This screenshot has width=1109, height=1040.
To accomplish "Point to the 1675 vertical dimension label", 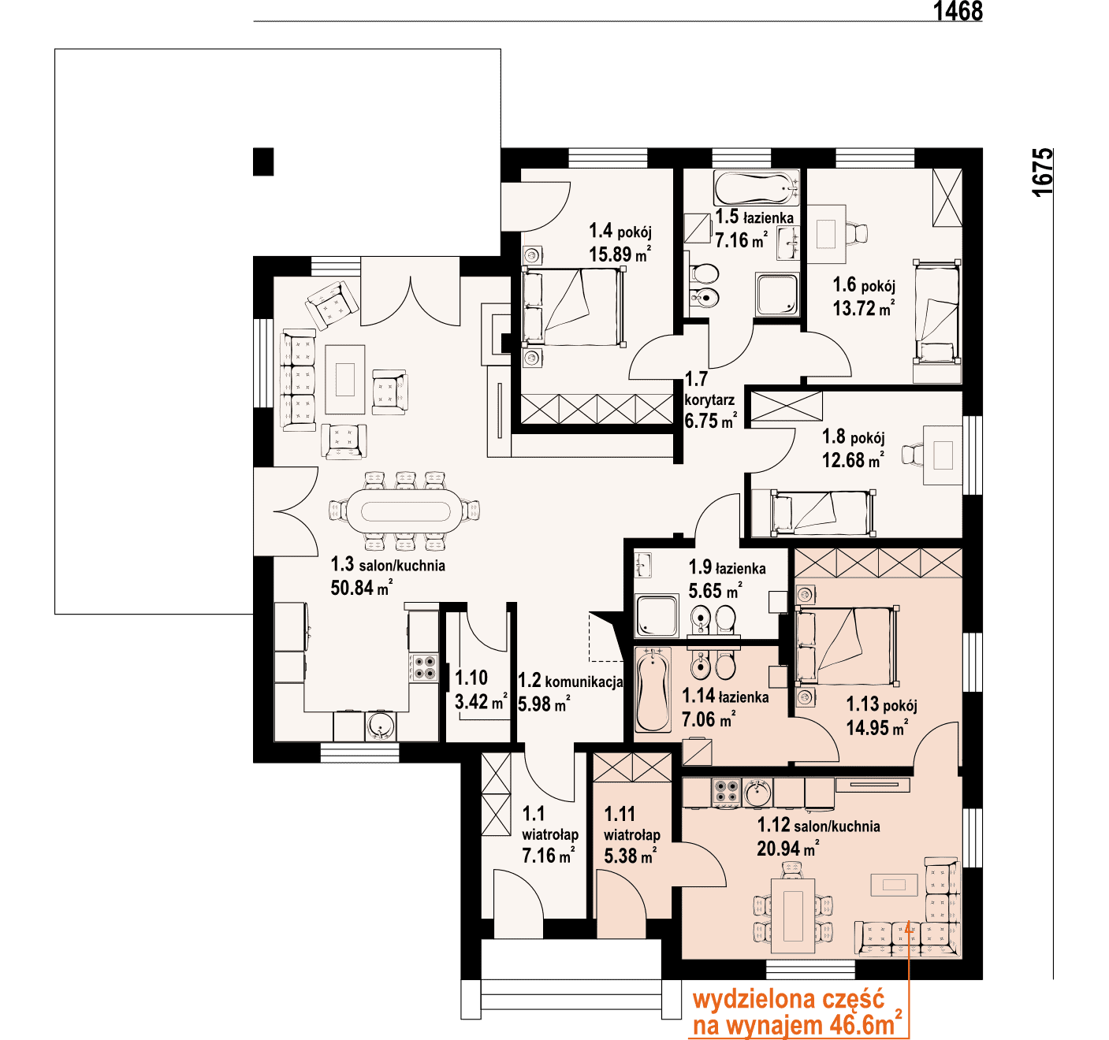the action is [x=1043, y=172].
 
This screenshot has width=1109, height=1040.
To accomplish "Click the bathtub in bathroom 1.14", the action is [x=652, y=690].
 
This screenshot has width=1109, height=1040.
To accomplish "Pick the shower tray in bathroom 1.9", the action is [x=657, y=616].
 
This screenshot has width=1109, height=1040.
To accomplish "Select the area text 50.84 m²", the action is [x=361, y=587].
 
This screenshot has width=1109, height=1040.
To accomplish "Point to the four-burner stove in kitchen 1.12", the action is [x=726, y=792].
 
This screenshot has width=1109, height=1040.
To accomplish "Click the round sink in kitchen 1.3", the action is [x=381, y=726].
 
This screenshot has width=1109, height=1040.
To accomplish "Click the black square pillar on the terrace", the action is [x=263, y=162].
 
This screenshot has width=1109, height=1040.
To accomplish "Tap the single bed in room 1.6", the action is [x=936, y=321].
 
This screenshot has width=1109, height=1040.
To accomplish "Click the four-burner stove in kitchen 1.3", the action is [x=423, y=667].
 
